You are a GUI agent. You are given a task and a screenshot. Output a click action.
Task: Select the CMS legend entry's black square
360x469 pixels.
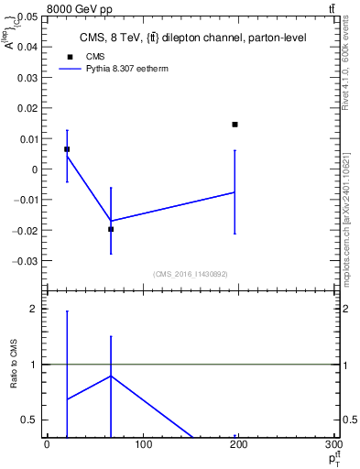[x=66, y=57]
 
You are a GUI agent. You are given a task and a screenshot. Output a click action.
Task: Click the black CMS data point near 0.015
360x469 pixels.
[x=235, y=125]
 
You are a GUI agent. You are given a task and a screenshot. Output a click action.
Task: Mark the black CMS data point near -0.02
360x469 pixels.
[x=111, y=229]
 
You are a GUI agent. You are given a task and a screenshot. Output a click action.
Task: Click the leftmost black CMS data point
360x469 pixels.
[x=67, y=149]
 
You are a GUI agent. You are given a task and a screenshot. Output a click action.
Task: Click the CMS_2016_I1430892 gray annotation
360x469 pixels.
[x=190, y=274]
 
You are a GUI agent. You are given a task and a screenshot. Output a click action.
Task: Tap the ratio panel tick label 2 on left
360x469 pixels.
[x=33, y=309]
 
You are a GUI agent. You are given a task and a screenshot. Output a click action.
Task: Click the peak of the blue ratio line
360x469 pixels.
[x=111, y=376]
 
